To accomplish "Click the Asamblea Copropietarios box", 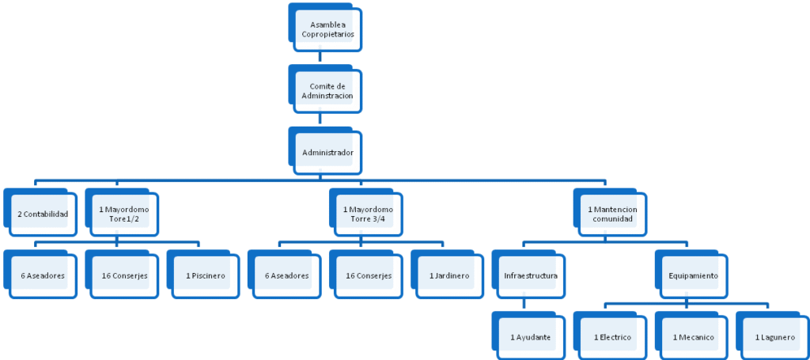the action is (325, 28).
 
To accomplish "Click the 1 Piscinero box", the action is (203, 275).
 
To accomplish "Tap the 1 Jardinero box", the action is (448, 275).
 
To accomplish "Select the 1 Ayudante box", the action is (529, 335).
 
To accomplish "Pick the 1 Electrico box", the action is (611, 335).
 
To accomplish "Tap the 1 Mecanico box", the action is (691, 335).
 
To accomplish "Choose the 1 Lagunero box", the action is (774, 335).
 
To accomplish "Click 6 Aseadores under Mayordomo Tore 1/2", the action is (40, 275).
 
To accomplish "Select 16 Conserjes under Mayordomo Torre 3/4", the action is (366, 275).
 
